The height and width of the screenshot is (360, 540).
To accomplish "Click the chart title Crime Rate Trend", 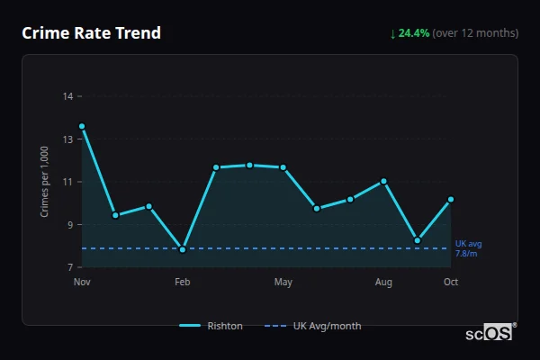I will [x=92, y=33].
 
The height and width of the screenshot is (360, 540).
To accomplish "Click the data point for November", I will [x=82, y=127].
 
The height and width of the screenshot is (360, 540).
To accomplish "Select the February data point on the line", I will [x=183, y=249].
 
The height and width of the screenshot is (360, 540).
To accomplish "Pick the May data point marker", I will [x=283, y=167].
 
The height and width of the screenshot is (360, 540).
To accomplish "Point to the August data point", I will [x=383, y=181].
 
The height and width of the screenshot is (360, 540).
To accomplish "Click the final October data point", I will [x=451, y=199].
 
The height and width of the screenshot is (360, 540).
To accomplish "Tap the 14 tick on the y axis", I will [x=67, y=95].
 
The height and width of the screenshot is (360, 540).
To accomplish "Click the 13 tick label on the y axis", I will [x=67, y=139].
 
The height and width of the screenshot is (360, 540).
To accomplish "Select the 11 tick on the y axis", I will [x=67, y=182].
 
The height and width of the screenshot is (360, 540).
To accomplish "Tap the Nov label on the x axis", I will [x=82, y=283].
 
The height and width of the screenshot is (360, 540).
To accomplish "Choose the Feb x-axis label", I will [x=183, y=283].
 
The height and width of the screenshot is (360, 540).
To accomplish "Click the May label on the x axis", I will [x=283, y=283].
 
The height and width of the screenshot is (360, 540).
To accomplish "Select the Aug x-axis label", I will [x=383, y=283].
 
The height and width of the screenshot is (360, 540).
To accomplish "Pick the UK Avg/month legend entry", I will [x=314, y=326].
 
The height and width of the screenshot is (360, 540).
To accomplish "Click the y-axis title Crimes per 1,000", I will [x=44, y=181].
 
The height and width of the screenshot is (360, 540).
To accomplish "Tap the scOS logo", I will [x=490, y=333].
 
